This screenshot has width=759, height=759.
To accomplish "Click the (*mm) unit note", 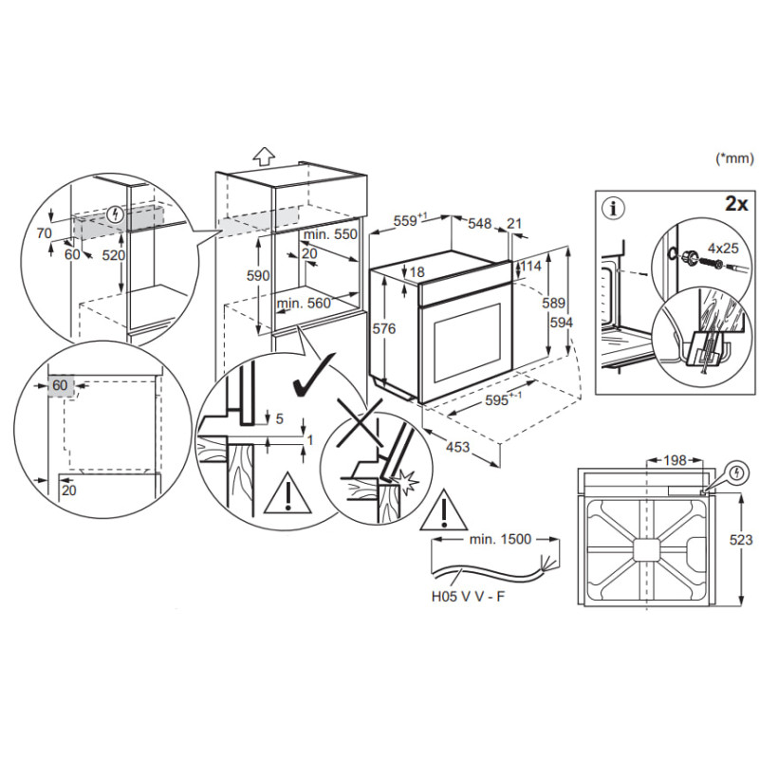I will pos(732,159).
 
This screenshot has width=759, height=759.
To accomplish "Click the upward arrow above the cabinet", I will pos(265,157).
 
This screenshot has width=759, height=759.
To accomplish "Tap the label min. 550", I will pos(330,233).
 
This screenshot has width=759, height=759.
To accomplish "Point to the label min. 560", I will pos(303,304).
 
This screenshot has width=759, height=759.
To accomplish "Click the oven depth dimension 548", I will pos(479,223).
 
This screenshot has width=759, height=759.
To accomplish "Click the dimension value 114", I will pos(529,268).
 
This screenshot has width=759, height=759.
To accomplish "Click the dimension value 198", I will pos(674,460).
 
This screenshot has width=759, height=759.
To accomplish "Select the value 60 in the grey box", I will pos(60,385).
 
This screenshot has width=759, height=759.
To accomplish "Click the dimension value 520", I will pos(112,255).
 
